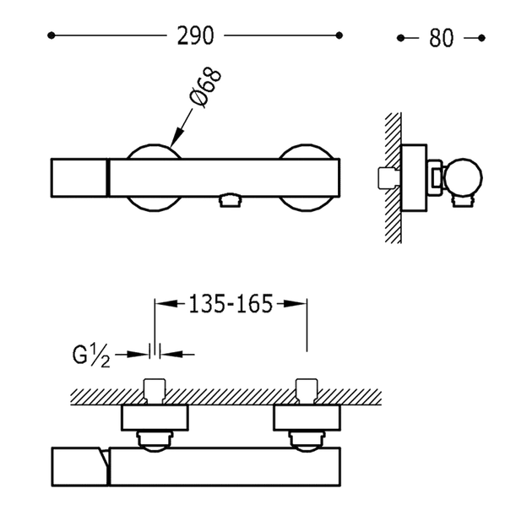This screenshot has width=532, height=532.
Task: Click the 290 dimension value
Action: pyautogui.click(x=195, y=35)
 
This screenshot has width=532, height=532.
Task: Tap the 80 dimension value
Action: pyautogui.click(x=441, y=38)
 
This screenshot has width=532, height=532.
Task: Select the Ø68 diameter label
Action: pyautogui.click(x=206, y=88)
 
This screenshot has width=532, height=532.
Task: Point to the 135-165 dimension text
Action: pyautogui.click(x=231, y=304)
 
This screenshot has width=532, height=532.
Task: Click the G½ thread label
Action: pyautogui.click(x=91, y=356)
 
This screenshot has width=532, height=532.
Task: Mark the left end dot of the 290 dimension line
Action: pyautogui.click(x=52, y=35)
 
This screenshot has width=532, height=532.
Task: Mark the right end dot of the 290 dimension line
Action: pyautogui.click(x=339, y=35)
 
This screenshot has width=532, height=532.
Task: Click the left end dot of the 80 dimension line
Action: pyautogui.click(x=401, y=38)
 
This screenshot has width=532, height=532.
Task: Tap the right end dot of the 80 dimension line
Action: pyautogui.click(x=481, y=38)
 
